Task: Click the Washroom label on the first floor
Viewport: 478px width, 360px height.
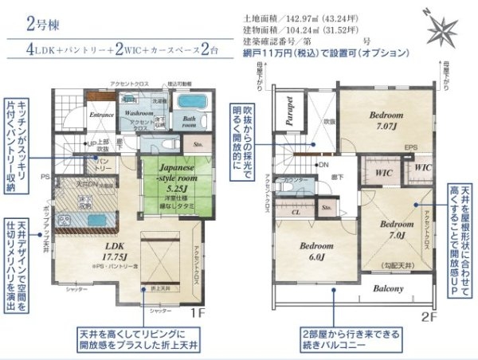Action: (x=139, y=114)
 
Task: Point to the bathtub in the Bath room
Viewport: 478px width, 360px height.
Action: (x=190, y=103)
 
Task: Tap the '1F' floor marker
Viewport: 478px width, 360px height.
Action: (x=202, y=313)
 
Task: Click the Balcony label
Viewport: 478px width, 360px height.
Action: (x=390, y=288)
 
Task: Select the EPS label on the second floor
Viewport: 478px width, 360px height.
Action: (x=411, y=148)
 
